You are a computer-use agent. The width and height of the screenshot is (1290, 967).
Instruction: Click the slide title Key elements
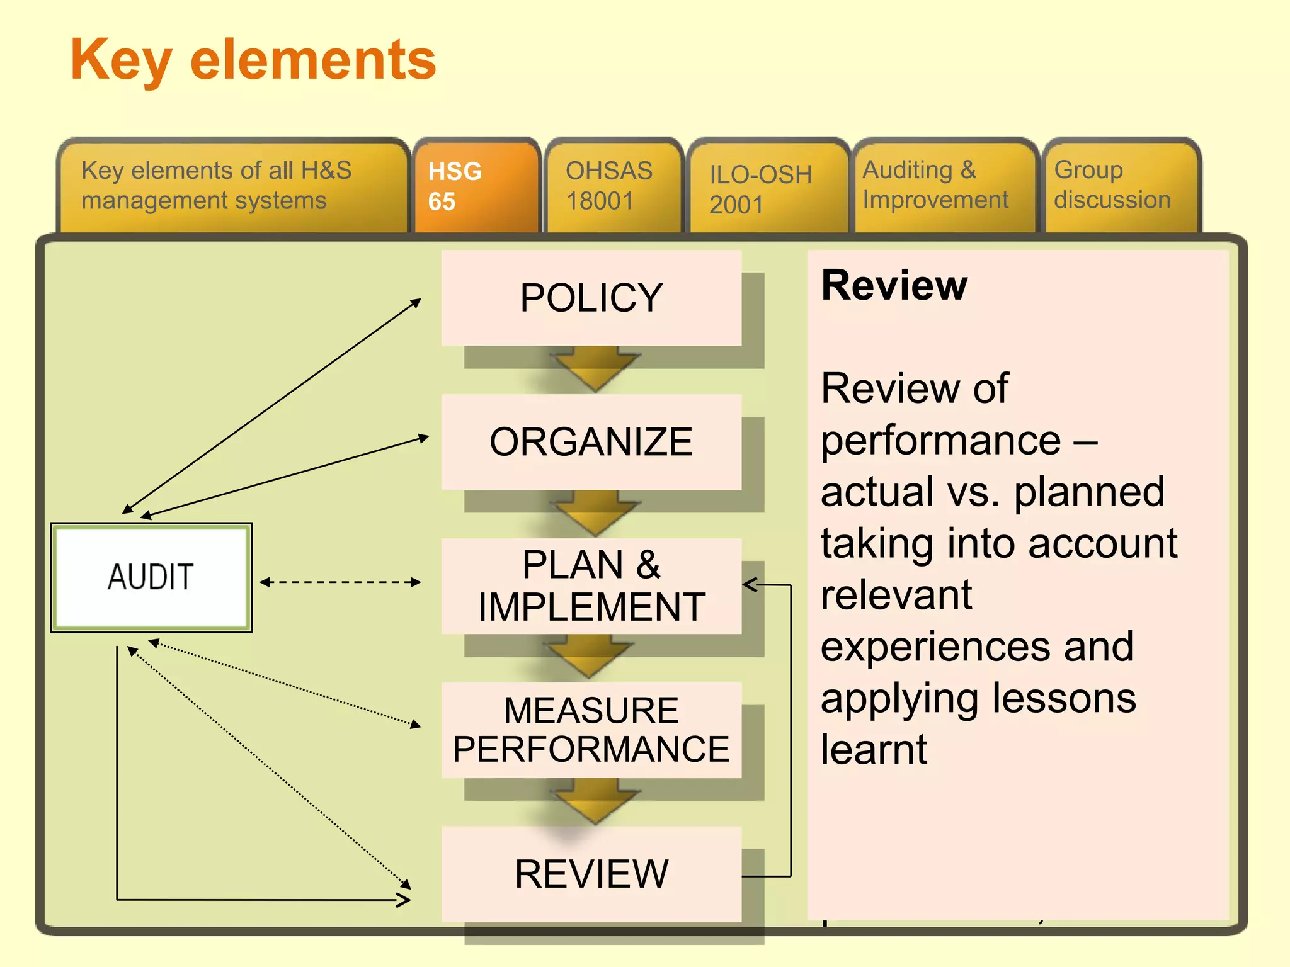click(x=253, y=60)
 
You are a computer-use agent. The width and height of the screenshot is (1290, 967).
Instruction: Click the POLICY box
click(x=591, y=298)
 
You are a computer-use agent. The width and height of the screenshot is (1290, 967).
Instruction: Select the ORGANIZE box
click(x=591, y=442)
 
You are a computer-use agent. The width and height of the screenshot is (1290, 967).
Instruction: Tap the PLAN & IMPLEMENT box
click(x=591, y=585)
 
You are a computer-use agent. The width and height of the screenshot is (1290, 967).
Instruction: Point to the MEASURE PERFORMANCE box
click(x=591, y=730)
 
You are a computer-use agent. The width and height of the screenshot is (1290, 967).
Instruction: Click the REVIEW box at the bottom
click(x=591, y=874)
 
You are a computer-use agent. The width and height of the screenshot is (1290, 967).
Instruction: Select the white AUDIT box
click(x=151, y=577)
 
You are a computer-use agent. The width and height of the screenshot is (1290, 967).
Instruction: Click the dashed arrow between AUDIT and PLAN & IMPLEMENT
click(x=340, y=582)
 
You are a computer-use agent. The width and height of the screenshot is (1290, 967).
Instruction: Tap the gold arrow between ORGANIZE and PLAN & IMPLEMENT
click(x=594, y=515)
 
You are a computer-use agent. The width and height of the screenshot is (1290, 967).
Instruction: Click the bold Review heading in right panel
click(x=894, y=286)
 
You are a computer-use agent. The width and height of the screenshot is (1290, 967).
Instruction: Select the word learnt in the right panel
click(x=874, y=750)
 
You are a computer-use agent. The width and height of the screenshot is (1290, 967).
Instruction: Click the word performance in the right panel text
click(x=940, y=440)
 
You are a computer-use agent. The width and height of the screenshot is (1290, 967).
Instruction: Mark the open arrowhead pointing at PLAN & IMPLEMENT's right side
click(x=751, y=585)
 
